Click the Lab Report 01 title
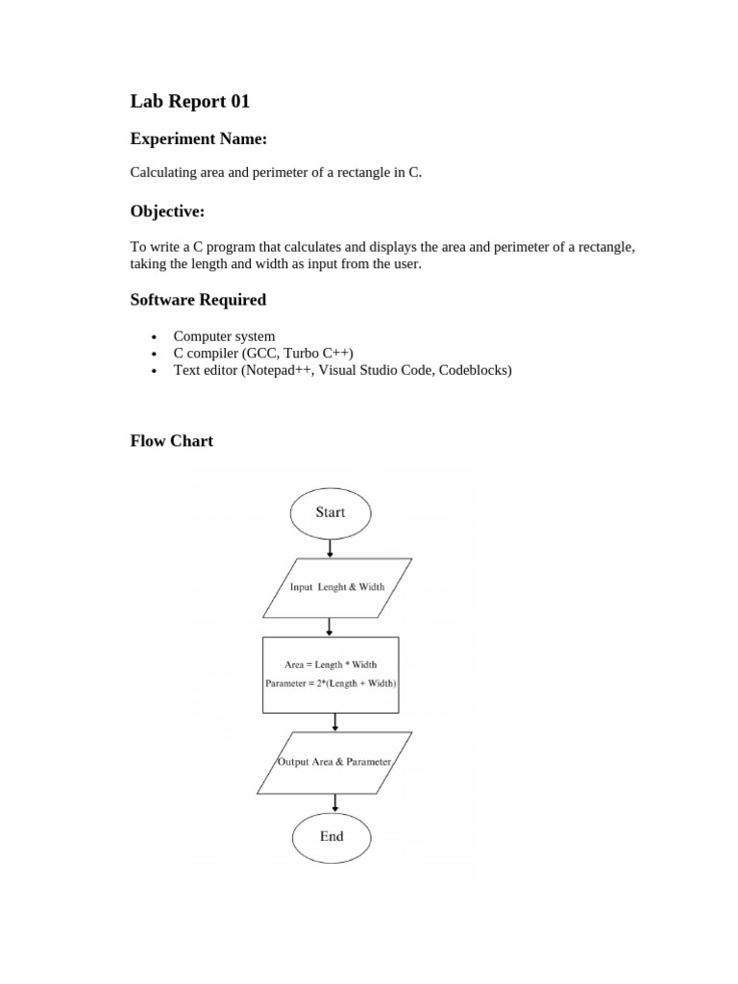click(189, 101)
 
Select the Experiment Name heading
click(198, 139)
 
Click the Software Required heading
click(198, 300)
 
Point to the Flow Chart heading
click(172, 441)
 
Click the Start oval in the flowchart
click(331, 512)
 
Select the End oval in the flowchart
click(332, 836)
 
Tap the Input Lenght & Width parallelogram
click(336, 587)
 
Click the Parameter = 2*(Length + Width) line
click(332, 683)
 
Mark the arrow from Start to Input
click(331, 549)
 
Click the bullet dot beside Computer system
click(154, 337)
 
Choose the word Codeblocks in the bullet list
click(475, 369)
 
